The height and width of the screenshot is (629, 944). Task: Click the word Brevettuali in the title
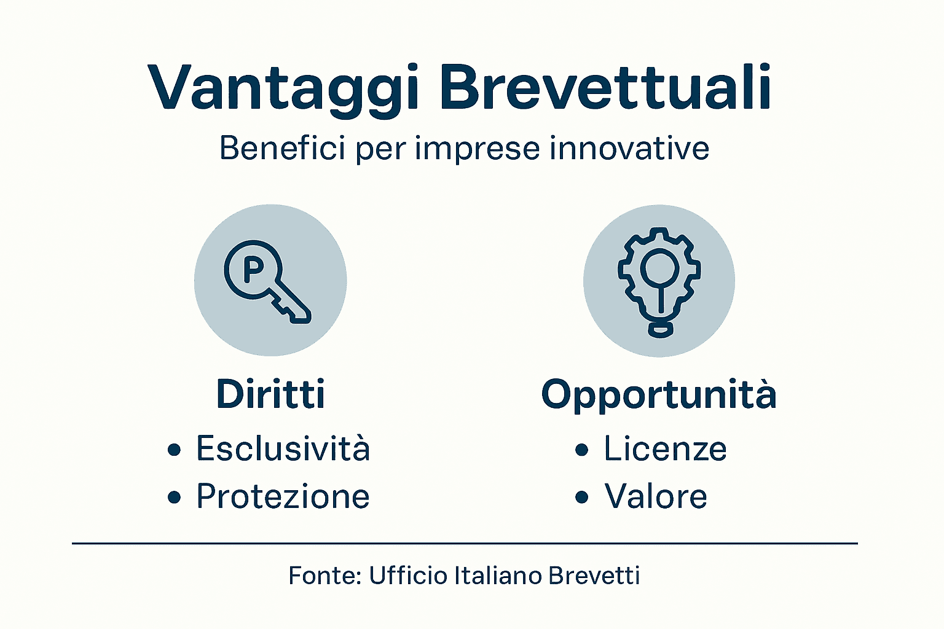[605, 87]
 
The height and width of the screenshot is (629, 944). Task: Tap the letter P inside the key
[253, 268]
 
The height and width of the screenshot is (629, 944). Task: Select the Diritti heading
[270, 394]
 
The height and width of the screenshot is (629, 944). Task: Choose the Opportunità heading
[659, 395]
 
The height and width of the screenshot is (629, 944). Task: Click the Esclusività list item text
[283, 448]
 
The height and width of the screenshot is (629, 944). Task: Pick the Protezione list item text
[283, 496]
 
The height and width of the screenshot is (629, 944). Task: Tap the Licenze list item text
[665, 448]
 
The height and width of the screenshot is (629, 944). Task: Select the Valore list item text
[656, 496]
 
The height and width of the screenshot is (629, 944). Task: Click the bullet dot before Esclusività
[175, 450]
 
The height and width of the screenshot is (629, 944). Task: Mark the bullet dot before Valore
[581, 498]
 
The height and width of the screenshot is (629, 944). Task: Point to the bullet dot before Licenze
[581, 450]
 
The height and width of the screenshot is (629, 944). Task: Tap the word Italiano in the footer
[498, 576]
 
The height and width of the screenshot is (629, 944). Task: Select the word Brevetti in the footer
[594, 576]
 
